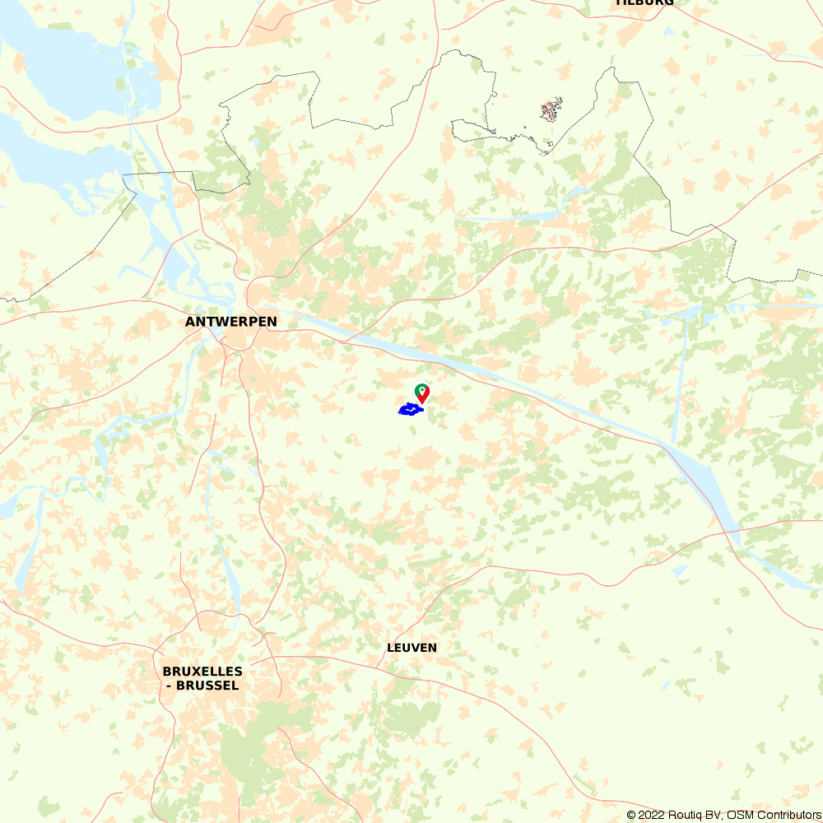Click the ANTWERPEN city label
tap(231, 322)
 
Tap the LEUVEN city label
tap(411, 648)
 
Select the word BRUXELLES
tap(202, 672)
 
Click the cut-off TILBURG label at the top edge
tap(644, 2)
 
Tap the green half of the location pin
tap(420, 388)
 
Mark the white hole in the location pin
tap(421, 388)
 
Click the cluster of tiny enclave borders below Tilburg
tap(551, 110)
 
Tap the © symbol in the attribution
tap(631, 815)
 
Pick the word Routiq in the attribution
tap(685, 815)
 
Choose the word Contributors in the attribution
tap(788, 815)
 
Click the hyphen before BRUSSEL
tap(168, 686)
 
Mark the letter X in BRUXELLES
tap(195, 672)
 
